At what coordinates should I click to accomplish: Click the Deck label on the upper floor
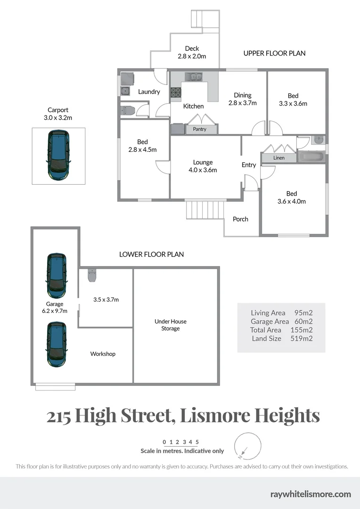[x=192, y=49]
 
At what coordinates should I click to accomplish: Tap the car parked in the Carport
[x=58, y=155]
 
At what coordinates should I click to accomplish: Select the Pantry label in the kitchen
[x=199, y=129]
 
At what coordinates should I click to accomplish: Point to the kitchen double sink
[x=194, y=76]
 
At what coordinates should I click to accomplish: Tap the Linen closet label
[x=279, y=158]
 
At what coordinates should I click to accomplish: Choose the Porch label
[x=240, y=219]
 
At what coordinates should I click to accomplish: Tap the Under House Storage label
[x=171, y=325]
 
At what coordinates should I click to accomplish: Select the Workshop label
[x=103, y=354]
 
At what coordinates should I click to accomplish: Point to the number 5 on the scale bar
[x=197, y=442]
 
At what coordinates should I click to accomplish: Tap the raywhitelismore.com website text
[x=311, y=494]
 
